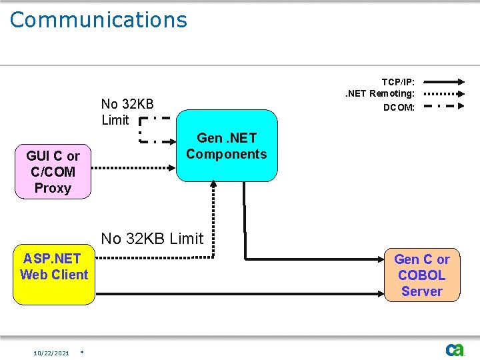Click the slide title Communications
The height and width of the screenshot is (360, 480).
click(99, 20)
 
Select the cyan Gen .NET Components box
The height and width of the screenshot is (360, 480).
click(226, 146)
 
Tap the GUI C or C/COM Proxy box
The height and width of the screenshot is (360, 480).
click(53, 172)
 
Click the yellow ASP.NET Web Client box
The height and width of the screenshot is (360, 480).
click(54, 275)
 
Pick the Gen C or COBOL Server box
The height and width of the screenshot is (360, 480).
click(421, 275)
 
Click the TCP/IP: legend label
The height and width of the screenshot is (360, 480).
click(398, 81)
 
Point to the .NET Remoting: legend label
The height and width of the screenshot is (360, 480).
click(379, 94)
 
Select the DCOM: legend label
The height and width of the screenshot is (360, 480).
click(399, 107)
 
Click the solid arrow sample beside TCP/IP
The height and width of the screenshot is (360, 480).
click(445, 81)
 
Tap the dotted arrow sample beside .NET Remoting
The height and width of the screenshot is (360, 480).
click(445, 94)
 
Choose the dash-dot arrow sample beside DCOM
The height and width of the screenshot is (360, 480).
click(445, 107)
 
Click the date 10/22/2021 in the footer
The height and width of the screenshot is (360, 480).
click(51, 353)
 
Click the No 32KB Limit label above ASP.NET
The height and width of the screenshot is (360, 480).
click(151, 239)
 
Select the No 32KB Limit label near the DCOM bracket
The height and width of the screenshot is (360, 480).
click(127, 112)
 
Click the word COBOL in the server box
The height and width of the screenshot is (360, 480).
click(421, 275)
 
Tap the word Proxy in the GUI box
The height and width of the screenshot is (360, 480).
click(53, 188)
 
